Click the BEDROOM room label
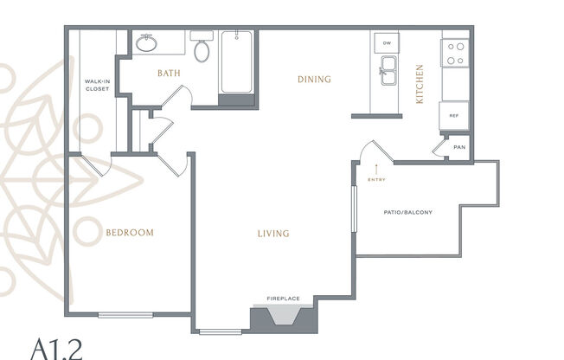[130, 232]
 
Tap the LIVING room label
[272, 234]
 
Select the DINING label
[314, 80]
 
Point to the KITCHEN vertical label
[420, 84]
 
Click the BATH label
[169, 74]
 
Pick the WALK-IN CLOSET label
[96, 85]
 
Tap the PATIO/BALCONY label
[407, 212]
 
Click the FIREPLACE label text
[283, 299]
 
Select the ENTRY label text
[377, 180]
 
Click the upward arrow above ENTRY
[377, 168]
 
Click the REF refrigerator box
[453, 114]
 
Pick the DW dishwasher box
[387, 43]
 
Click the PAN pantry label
[458, 147]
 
